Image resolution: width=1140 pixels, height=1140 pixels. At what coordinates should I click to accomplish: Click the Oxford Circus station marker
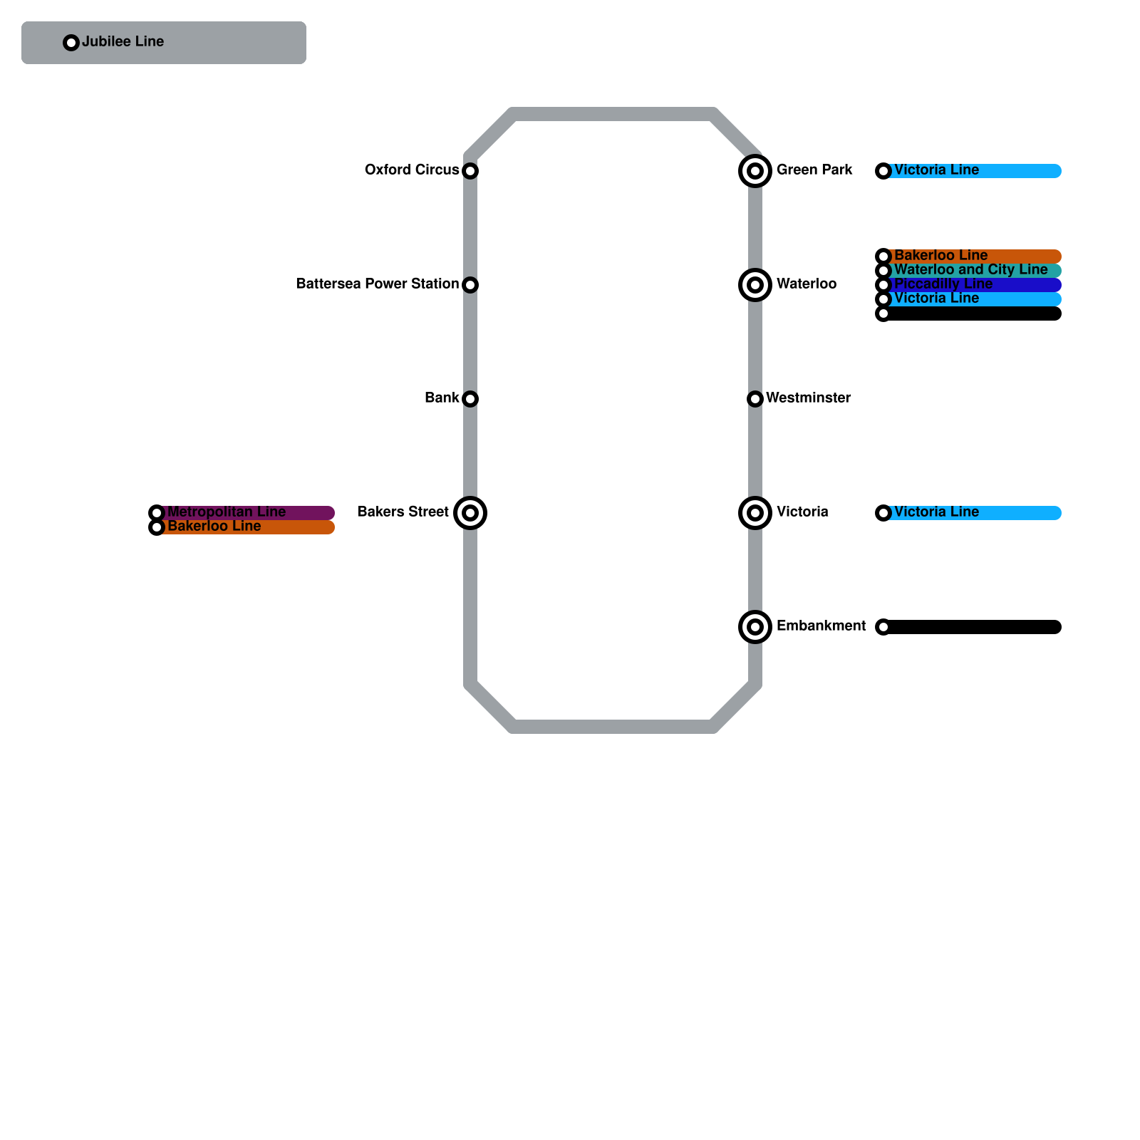(470, 171)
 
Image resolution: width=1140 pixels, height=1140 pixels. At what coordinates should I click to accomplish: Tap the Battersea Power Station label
(377, 284)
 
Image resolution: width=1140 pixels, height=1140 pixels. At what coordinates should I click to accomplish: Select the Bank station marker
(470, 399)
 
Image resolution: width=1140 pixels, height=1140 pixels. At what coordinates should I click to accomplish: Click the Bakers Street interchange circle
(470, 513)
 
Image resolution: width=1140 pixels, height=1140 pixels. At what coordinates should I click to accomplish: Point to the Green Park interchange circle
(755, 171)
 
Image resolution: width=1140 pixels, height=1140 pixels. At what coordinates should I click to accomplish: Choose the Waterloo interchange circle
(755, 285)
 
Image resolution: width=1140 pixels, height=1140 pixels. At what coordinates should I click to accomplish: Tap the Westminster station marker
(755, 399)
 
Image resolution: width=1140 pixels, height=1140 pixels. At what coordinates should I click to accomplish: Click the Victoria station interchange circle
(755, 513)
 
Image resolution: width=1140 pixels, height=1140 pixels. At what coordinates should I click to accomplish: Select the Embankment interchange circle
(755, 627)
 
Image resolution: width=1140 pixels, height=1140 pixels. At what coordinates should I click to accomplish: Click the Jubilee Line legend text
(123, 42)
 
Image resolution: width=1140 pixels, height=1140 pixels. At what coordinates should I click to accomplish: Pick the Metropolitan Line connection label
(227, 512)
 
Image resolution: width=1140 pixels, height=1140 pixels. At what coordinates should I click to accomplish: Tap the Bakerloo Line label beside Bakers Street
(214, 527)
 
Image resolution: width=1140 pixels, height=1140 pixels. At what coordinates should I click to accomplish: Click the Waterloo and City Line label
(970, 270)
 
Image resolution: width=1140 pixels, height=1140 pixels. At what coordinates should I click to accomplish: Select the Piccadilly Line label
(943, 284)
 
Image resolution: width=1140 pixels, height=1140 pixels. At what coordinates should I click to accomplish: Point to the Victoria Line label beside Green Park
(936, 170)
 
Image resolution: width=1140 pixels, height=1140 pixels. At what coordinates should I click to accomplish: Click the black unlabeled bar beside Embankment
(973, 627)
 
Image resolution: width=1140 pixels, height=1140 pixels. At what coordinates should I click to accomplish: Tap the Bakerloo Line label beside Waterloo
(940, 256)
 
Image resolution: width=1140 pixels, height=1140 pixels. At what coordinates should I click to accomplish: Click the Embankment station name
(821, 626)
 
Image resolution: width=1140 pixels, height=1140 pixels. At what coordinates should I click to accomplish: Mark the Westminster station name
(808, 398)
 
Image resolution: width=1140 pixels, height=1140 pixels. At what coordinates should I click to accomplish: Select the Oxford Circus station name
(412, 170)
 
